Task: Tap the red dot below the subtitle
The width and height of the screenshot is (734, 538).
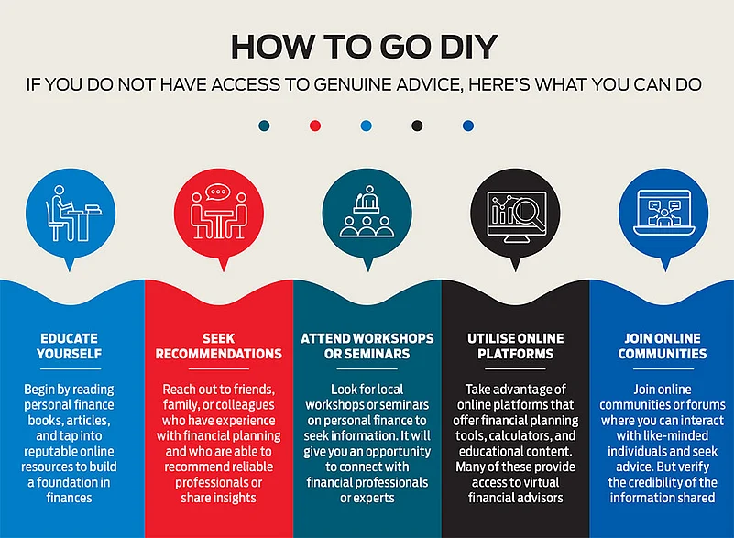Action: click(x=315, y=126)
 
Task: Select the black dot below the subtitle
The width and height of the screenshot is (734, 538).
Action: click(x=417, y=126)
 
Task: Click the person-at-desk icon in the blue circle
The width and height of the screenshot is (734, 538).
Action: click(x=73, y=214)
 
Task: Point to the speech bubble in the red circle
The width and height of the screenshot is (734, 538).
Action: click(x=218, y=192)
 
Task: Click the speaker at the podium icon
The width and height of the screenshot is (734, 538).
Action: click(x=367, y=199)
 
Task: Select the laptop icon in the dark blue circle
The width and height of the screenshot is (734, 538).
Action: click(x=663, y=212)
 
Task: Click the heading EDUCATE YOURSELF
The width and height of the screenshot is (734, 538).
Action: click(x=70, y=346)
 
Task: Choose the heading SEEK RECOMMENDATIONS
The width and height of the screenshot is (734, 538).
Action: click(x=219, y=346)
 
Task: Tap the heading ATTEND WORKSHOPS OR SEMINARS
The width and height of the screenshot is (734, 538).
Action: click(x=367, y=346)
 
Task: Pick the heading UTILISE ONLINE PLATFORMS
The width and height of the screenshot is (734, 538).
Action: click(x=515, y=346)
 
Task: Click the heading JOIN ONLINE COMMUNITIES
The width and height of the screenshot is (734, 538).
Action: click(x=663, y=346)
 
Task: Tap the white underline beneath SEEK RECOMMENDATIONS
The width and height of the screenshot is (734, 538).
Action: click(x=219, y=369)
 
